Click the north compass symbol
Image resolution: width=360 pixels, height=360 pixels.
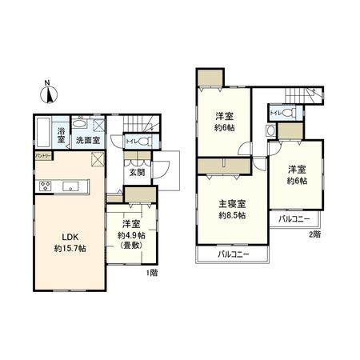49,93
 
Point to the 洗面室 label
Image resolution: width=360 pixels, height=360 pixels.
87,140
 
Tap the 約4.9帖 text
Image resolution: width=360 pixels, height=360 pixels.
130,235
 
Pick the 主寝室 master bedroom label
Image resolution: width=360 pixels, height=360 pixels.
232,203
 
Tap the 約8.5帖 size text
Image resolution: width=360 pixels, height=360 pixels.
232,215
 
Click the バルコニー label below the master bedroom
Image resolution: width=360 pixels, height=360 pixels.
234,254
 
